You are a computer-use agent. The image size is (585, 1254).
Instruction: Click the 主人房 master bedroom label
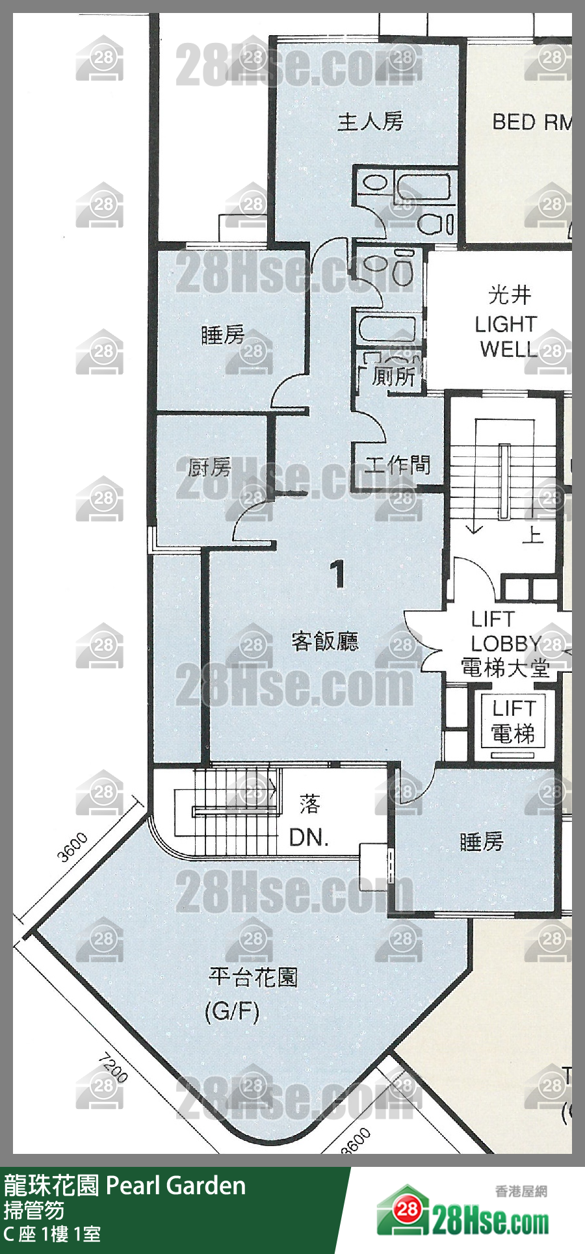[370, 122]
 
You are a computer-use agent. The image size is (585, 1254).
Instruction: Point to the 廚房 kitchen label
[209, 467]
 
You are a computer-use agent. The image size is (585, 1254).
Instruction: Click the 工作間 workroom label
[397, 465]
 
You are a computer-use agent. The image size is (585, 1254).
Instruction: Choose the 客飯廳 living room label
[325, 642]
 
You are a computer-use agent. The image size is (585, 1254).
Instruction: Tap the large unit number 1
[337, 574]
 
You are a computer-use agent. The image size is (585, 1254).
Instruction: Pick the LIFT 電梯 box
[513, 723]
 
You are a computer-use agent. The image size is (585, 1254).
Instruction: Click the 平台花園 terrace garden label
[253, 977]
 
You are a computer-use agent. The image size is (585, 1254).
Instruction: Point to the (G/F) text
[232, 1012]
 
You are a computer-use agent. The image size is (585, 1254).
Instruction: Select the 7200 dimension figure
[112, 1069]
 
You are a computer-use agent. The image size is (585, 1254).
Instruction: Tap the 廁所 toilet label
[393, 376]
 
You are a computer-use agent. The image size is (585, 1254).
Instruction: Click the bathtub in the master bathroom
[422, 187]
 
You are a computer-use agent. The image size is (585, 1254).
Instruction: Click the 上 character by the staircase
[532, 534]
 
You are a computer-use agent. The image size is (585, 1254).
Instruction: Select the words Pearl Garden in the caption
[175, 1186]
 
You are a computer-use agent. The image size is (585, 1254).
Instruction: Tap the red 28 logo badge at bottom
[408, 1210]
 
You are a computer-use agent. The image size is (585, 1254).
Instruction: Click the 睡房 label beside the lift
[482, 842]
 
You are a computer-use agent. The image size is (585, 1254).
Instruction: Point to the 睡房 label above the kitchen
[223, 335]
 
